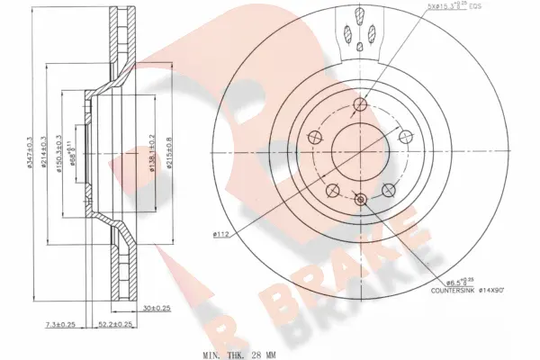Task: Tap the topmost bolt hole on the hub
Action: coord(360,104)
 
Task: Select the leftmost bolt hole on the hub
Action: coord(316,137)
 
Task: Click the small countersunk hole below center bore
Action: coord(360,199)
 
